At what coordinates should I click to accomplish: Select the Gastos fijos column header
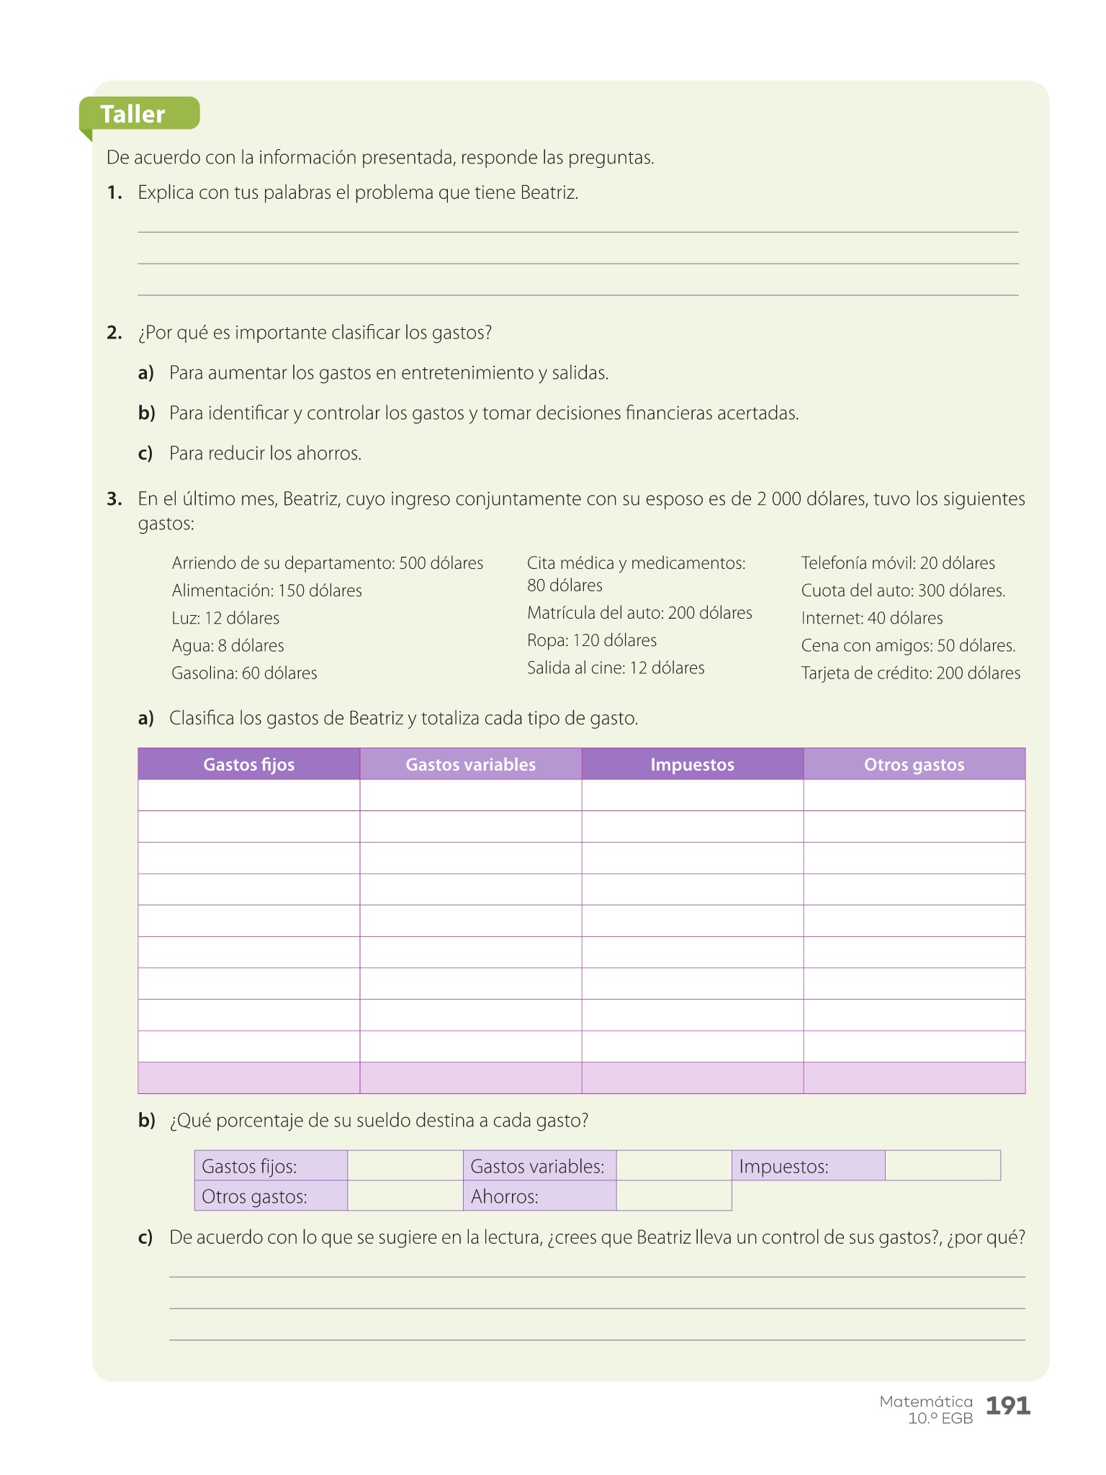(x=248, y=764)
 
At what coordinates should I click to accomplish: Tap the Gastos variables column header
(x=470, y=764)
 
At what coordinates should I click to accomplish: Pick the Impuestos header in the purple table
(x=692, y=764)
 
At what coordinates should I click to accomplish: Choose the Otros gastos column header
(x=914, y=764)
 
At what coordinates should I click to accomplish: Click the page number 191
(x=1007, y=1405)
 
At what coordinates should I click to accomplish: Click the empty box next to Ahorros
(x=673, y=1196)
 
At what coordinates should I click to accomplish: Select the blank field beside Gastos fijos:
(x=405, y=1166)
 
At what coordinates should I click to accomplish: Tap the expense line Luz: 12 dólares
(x=225, y=618)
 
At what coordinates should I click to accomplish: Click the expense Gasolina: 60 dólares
(x=244, y=673)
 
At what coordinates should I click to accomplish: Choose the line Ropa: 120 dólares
(x=592, y=640)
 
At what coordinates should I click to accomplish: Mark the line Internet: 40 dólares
(x=871, y=618)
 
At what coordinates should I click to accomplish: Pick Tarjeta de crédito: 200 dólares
(x=910, y=673)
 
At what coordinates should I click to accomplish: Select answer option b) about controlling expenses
(x=483, y=413)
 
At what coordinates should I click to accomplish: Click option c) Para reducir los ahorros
(x=265, y=454)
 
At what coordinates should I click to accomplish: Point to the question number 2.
(x=114, y=333)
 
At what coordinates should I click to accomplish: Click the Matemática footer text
(x=926, y=1402)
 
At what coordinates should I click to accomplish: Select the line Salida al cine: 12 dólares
(x=616, y=668)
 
